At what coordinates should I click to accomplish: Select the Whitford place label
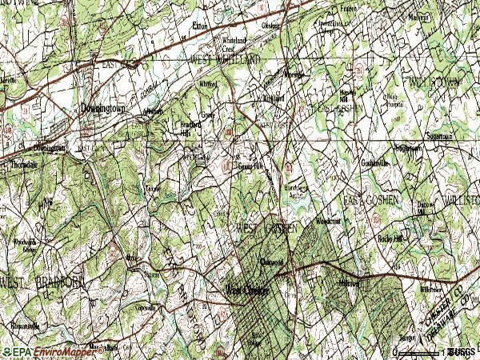[x=208, y=83]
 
